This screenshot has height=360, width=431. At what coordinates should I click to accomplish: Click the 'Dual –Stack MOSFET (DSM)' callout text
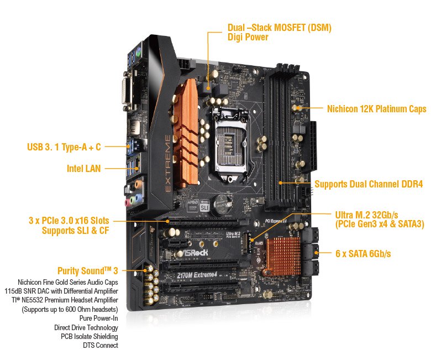tap(279, 28)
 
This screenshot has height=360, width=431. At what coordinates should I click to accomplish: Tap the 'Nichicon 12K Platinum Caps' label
tap(377, 108)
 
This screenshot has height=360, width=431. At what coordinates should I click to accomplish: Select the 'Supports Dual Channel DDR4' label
tap(369, 184)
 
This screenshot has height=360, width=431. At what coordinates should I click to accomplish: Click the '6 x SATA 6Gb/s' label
tap(363, 253)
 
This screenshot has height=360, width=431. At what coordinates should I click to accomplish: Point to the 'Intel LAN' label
tap(84, 168)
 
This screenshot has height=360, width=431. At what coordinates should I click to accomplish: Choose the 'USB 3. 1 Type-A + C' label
tap(64, 147)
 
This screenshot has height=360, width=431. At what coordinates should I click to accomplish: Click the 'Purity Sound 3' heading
tap(88, 270)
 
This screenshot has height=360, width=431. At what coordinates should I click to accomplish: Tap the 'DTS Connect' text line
tap(101, 345)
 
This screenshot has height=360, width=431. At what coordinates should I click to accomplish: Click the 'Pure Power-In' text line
tap(99, 318)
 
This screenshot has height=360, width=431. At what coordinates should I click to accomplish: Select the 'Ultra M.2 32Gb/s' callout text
tap(366, 215)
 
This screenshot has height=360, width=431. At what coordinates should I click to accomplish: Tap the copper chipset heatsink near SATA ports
tap(283, 256)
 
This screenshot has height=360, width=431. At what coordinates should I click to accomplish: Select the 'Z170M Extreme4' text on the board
tap(197, 275)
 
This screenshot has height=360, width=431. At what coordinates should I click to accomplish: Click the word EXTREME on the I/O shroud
tap(167, 163)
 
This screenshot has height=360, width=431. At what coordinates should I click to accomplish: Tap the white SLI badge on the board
tap(204, 207)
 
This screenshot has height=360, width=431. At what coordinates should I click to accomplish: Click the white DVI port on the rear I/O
tap(127, 91)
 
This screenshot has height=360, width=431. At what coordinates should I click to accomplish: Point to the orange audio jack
tap(139, 183)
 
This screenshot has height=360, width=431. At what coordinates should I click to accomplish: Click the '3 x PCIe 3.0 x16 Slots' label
tap(69, 220)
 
